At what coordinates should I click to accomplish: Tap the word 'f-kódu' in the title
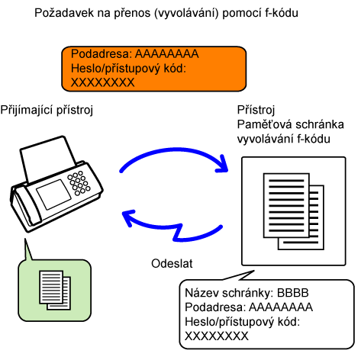[282, 13]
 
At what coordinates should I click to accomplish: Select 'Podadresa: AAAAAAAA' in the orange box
[134, 54]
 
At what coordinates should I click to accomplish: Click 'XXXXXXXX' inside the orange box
[102, 82]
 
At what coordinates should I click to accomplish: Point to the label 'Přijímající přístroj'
[47, 110]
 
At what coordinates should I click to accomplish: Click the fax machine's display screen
[53, 194]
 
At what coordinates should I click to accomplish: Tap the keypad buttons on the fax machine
[79, 183]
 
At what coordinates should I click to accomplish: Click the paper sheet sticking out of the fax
[48, 158]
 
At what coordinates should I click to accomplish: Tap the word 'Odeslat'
[172, 263]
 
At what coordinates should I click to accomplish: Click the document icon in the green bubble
[55, 290]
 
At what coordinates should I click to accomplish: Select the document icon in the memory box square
[294, 211]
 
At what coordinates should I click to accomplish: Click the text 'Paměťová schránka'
[291, 124]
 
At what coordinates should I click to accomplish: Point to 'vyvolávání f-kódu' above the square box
[284, 139]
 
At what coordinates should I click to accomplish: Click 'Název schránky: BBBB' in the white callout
[247, 293]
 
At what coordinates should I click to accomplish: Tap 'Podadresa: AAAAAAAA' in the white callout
[249, 307]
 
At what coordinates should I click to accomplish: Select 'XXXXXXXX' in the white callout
[217, 336]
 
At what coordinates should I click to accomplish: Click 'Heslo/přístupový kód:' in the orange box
[128, 69]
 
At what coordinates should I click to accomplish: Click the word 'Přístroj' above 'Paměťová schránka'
[256, 110]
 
